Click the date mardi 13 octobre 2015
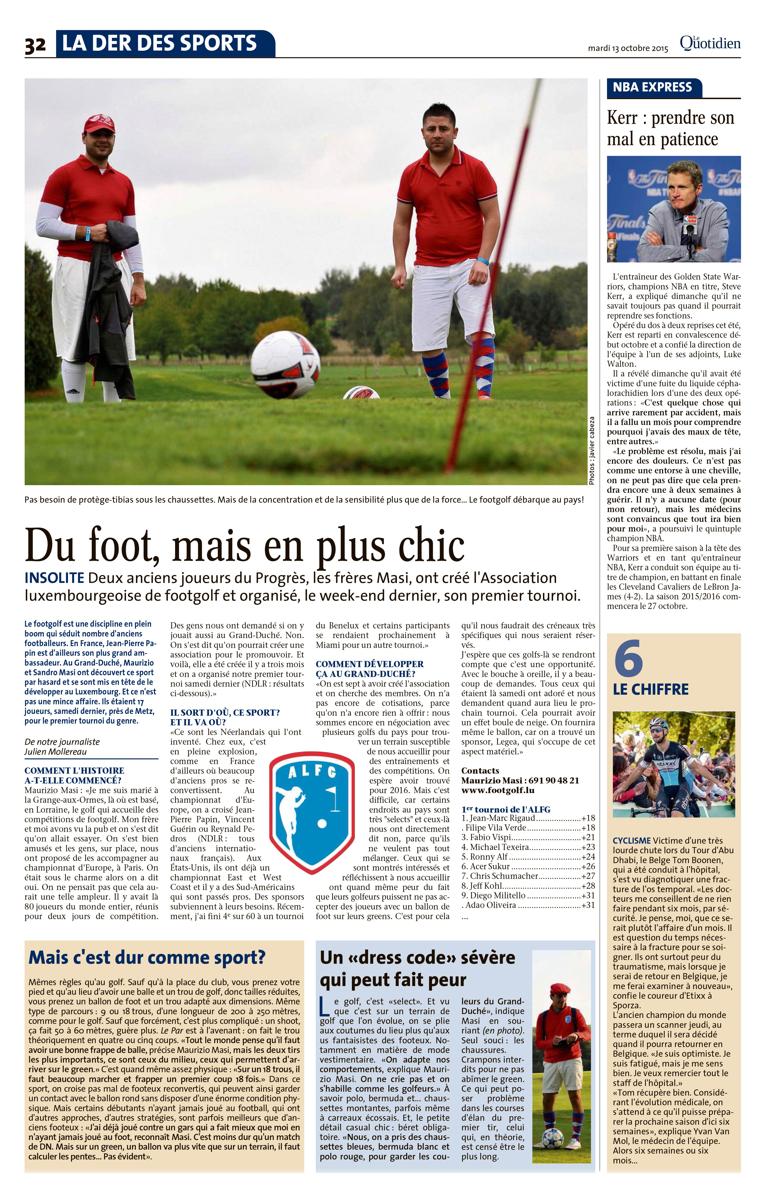coord(628,49)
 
